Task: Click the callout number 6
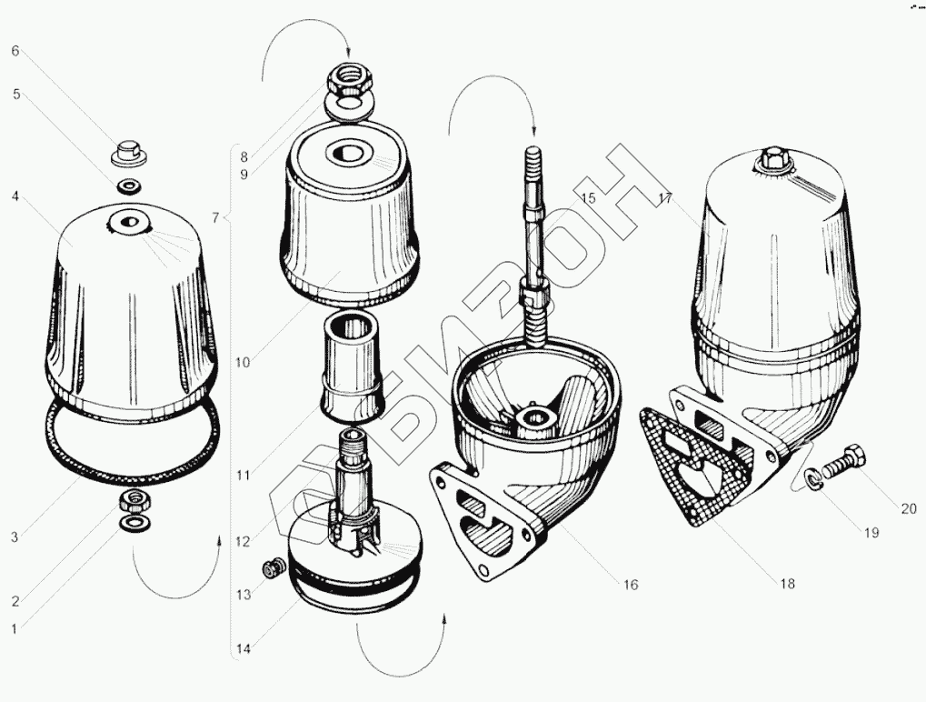tap(15, 51)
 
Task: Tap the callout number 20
tap(909, 508)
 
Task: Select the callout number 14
tap(244, 649)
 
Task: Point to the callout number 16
tap(630, 585)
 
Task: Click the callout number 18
tap(787, 584)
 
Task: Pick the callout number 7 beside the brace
tap(215, 218)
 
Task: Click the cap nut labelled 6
tap(128, 153)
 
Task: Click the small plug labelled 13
tap(272, 569)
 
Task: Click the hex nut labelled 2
tap(134, 502)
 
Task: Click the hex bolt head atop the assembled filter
tap(772, 158)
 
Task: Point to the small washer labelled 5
tap(128, 186)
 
